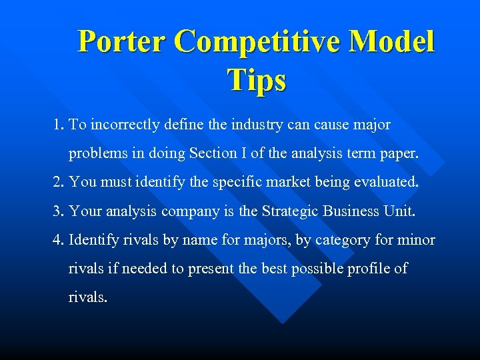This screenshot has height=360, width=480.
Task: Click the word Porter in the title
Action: coord(121,41)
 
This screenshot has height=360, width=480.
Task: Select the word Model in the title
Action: coord(393,41)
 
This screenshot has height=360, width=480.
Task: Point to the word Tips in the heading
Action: coord(257,79)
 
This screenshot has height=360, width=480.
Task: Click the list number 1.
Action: coord(58,125)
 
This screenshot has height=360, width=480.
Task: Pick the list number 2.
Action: coord(58,181)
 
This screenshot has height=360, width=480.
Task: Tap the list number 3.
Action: coord(58,211)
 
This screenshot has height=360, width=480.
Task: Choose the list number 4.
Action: coord(58,240)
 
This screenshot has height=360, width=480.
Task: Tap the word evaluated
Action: coord(389,181)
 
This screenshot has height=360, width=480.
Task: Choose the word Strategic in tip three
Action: coord(291,211)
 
